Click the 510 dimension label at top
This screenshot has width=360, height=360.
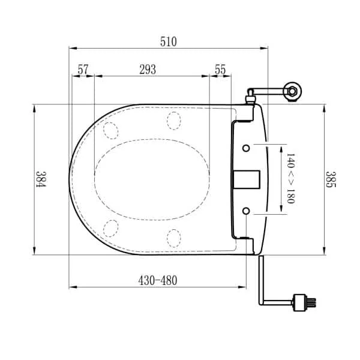click(168, 41)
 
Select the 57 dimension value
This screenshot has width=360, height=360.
click(83, 70)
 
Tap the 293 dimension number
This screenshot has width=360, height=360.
click(148, 70)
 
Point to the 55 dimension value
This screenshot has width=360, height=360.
click(220, 70)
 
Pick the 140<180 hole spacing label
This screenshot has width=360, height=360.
click(290, 179)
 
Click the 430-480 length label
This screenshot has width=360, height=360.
click(158, 280)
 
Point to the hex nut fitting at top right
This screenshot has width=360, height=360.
click(292, 91)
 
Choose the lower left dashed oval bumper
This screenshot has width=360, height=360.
click(110, 228)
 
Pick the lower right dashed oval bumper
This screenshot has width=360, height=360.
click(173, 237)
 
